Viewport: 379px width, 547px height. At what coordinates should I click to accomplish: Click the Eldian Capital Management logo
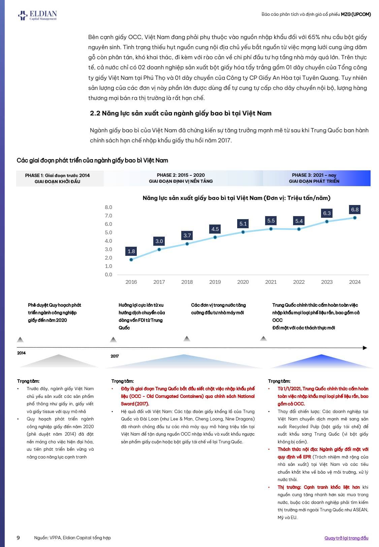point(37,15)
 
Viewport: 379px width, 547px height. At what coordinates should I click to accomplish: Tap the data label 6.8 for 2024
point(355,209)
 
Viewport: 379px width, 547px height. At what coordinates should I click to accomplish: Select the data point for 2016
point(131,260)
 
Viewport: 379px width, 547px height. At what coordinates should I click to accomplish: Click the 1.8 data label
point(131,251)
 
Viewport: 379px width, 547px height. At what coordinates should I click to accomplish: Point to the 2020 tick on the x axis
point(243,282)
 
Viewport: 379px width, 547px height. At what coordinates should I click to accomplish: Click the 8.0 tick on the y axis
point(108,207)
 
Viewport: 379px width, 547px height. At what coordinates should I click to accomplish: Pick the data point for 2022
point(299,229)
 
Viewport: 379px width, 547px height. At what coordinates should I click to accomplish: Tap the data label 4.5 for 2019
point(215,229)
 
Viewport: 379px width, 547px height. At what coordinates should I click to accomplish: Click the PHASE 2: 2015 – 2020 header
point(181,178)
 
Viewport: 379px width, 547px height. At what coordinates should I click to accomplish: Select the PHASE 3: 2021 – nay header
point(314,178)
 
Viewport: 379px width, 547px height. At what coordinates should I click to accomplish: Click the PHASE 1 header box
point(58,178)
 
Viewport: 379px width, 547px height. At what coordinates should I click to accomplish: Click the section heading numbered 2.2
point(181,113)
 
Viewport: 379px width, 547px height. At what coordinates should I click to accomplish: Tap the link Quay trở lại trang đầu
point(346,538)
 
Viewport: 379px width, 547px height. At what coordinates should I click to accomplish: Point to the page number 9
point(18,538)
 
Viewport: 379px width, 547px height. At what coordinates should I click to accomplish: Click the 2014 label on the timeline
point(21,353)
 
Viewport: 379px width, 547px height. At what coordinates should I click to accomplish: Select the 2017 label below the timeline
point(115,356)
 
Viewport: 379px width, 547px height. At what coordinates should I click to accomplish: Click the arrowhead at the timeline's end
point(365,348)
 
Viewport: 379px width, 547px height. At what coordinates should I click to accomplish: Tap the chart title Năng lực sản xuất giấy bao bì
point(236,198)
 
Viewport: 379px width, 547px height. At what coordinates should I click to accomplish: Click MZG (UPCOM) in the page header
point(356,14)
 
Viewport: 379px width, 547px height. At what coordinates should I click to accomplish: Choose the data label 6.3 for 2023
point(327,213)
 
